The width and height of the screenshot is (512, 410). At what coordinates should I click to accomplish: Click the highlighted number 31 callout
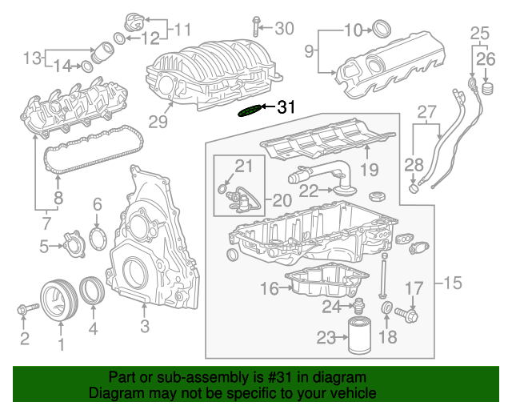click(286, 107)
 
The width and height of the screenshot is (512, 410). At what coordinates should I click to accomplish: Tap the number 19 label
click(368, 169)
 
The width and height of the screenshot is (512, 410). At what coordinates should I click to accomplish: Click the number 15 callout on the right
click(452, 283)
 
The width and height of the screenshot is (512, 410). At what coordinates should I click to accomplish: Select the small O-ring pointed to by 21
click(221, 189)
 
